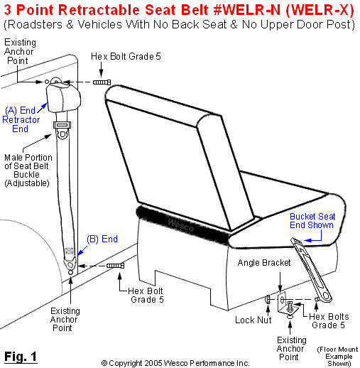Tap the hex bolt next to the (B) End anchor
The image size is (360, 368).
point(116,266)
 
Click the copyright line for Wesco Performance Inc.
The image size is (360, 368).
point(175,362)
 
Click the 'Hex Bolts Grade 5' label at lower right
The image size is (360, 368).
point(332,320)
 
